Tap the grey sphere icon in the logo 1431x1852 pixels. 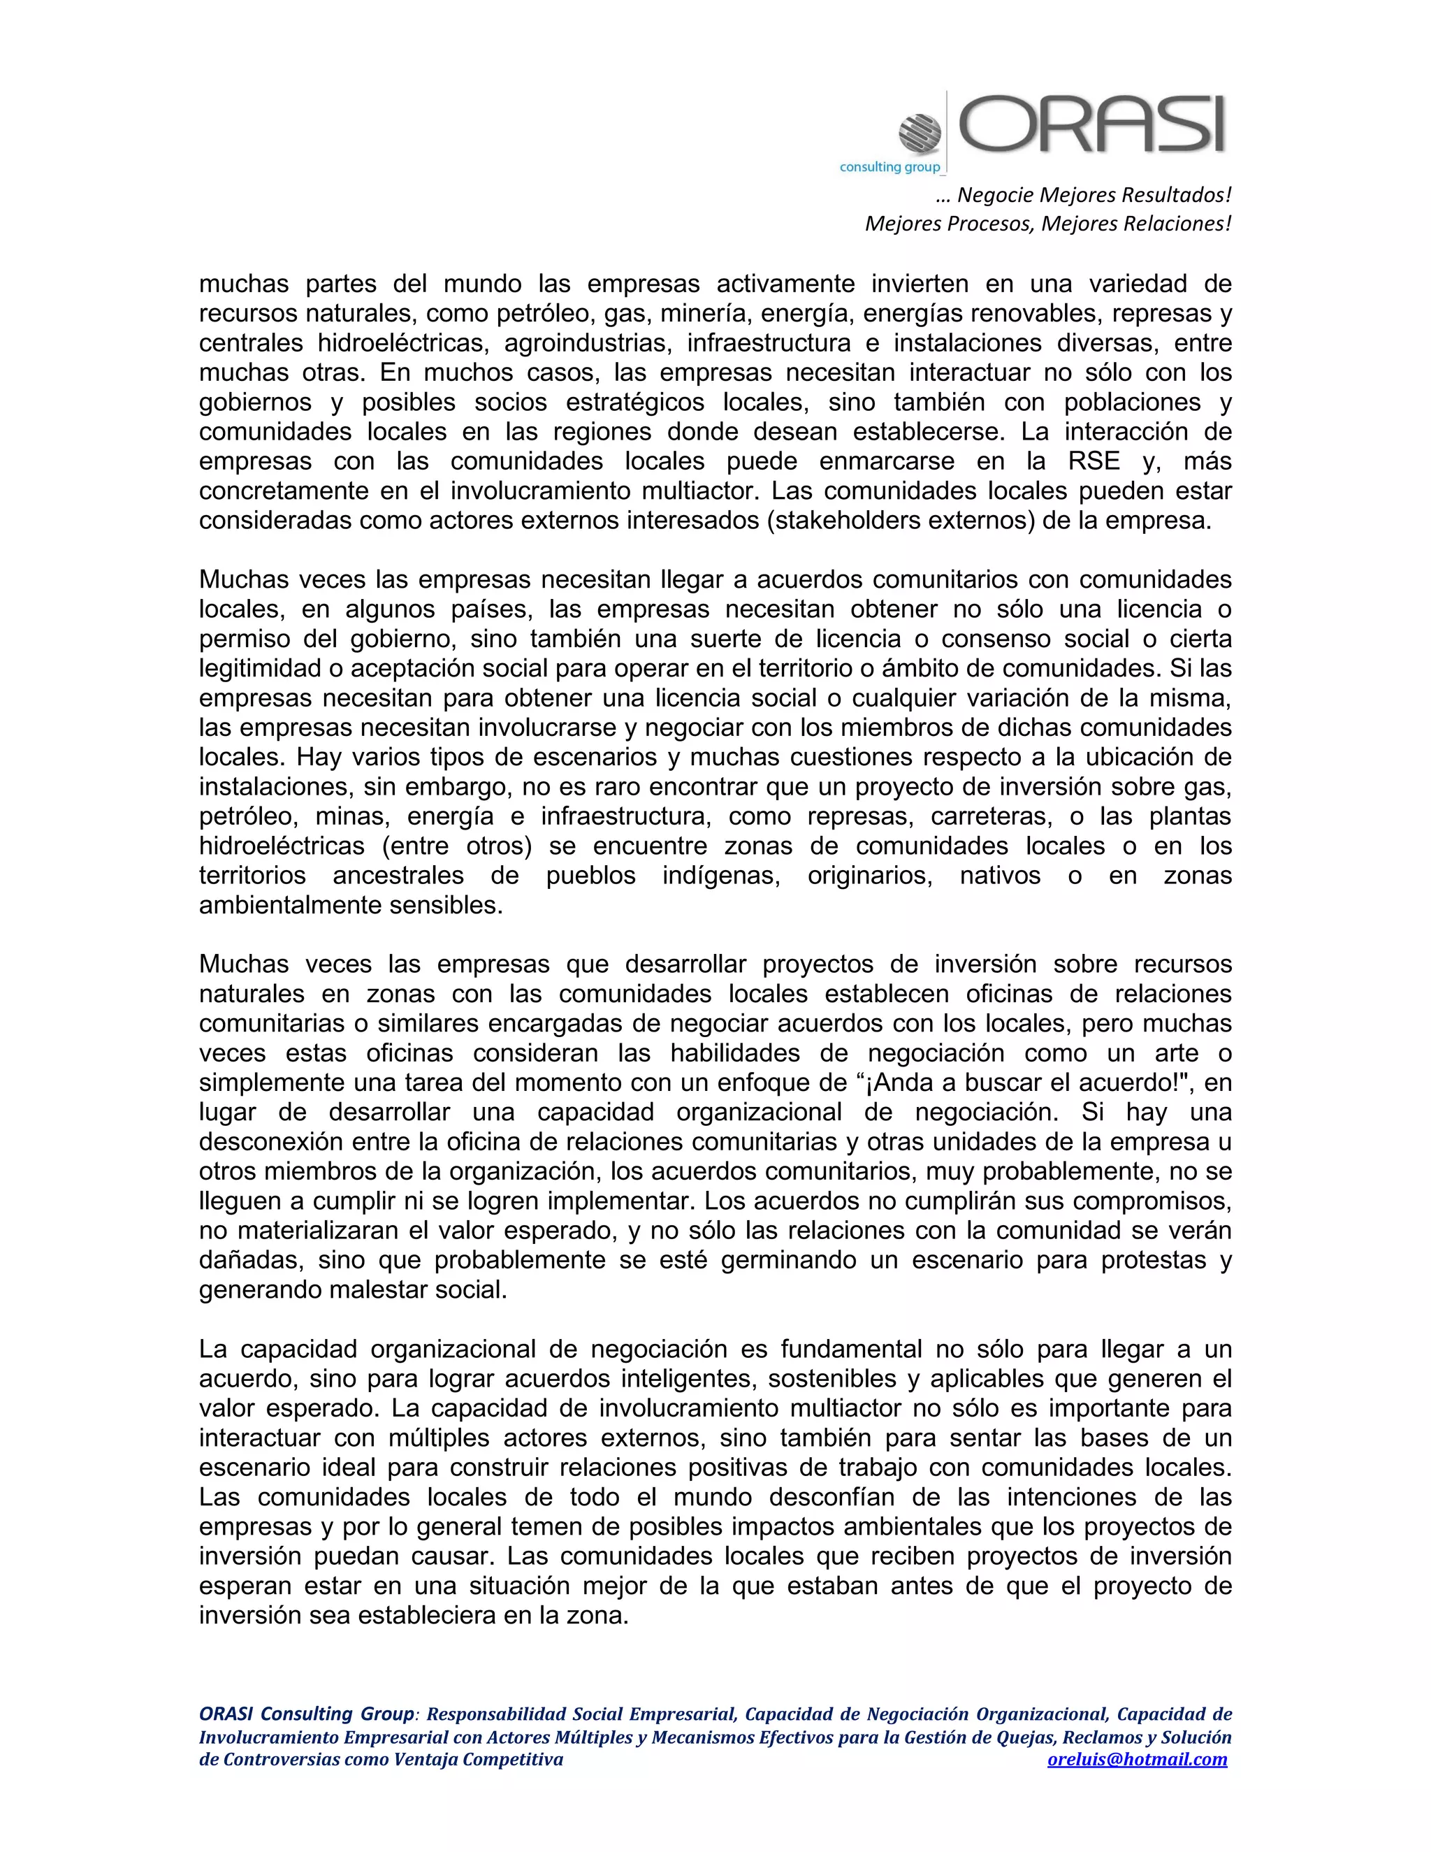click(x=920, y=133)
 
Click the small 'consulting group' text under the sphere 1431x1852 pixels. click(x=890, y=167)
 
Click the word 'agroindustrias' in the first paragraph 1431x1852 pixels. click(x=583, y=342)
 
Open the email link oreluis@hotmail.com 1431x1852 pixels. click(x=1137, y=1760)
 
